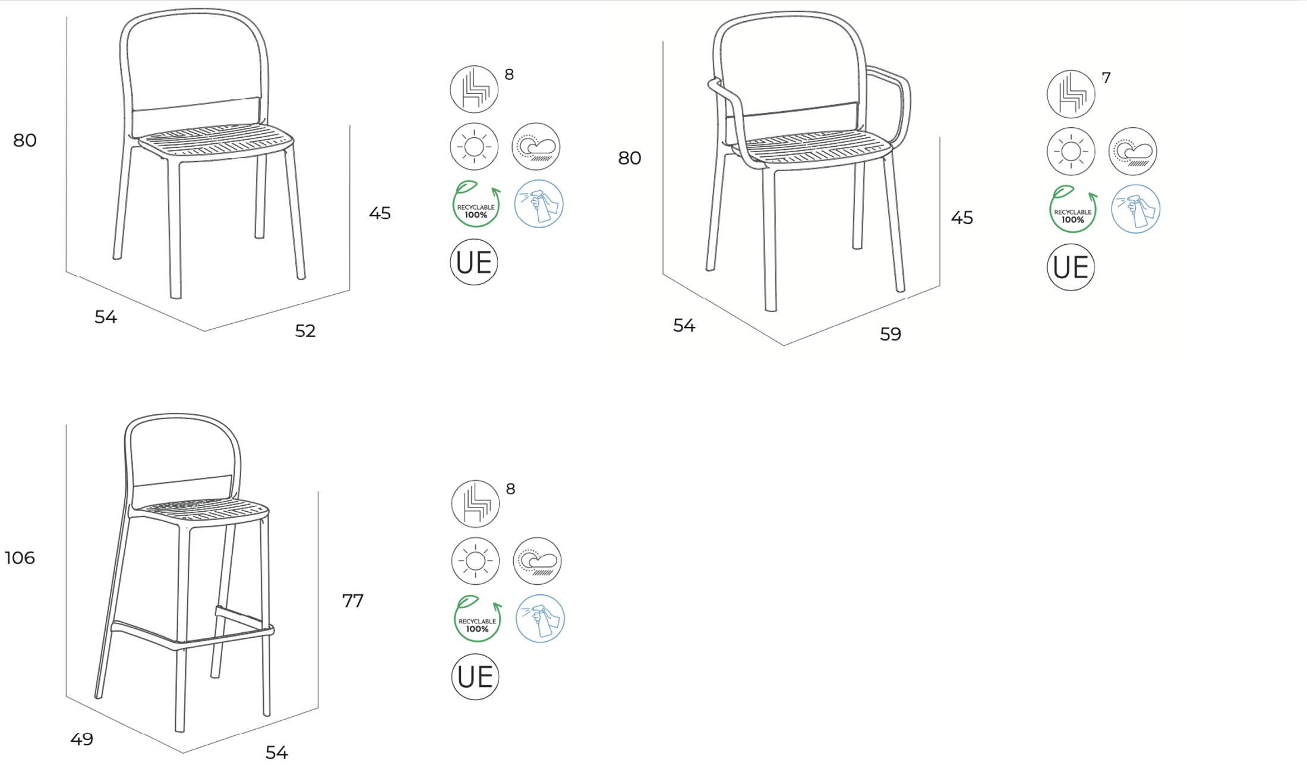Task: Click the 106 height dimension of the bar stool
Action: pos(20,557)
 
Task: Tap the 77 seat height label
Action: pos(353,601)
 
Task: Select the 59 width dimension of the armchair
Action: pos(891,334)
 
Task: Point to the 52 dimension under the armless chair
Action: pos(305,330)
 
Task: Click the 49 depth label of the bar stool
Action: pos(82,739)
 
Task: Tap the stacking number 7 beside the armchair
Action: pos(1106,78)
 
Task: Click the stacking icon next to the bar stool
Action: pos(475,503)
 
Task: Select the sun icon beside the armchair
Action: pos(1071,151)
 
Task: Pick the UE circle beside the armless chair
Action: pos(474,262)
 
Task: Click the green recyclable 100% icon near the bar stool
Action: pos(478,619)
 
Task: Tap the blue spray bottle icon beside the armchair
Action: pos(1135,209)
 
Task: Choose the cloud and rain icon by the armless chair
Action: pos(536,146)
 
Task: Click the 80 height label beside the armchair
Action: pos(630,157)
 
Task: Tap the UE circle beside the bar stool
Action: pos(475,676)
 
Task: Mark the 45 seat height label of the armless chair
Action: pos(380,213)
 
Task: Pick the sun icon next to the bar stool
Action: pos(475,561)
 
